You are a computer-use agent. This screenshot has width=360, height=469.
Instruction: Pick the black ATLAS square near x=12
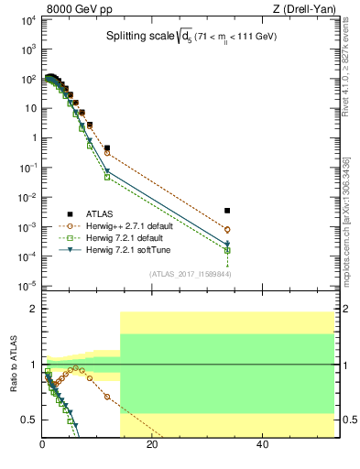click(x=107, y=147)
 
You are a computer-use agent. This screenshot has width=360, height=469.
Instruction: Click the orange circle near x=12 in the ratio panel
click(x=107, y=397)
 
